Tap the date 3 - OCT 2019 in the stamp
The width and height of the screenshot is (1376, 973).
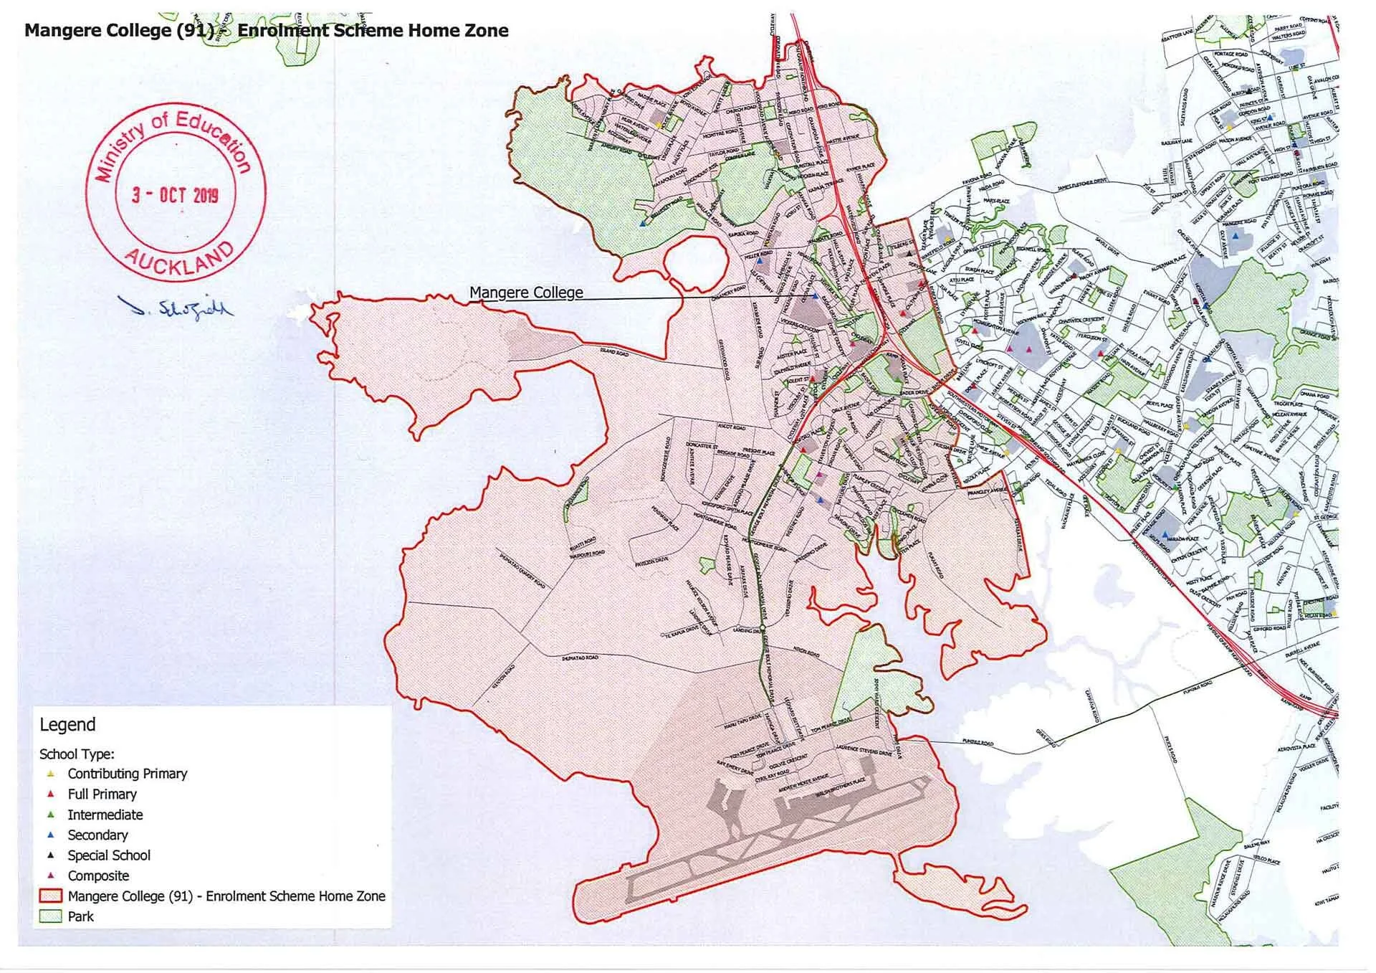click(x=175, y=195)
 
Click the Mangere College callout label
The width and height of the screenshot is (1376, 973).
click(x=526, y=293)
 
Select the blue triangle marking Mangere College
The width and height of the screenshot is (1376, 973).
click(x=815, y=296)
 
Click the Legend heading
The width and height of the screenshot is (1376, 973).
click(x=67, y=725)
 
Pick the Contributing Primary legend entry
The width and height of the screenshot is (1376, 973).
click(x=127, y=774)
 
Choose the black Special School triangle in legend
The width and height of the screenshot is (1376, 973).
click(x=51, y=855)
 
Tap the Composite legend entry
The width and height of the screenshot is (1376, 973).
click(x=98, y=876)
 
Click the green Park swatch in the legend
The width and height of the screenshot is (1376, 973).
click(x=51, y=917)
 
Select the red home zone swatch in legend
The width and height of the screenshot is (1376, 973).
click(x=51, y=896)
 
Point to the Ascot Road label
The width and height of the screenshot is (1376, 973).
click(x=732, y=427)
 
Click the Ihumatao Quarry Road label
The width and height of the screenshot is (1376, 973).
click(x=522, y=571)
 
